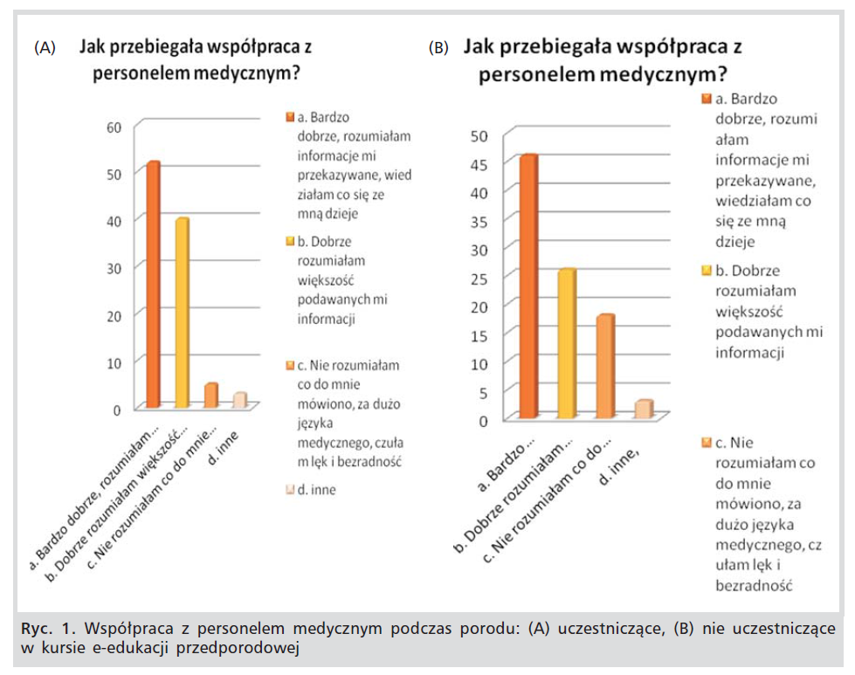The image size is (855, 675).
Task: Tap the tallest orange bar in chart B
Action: (528, 287)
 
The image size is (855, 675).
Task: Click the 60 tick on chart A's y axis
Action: (114, 127)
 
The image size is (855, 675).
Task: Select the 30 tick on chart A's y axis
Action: (114, 267)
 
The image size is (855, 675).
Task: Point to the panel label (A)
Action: (45, 48)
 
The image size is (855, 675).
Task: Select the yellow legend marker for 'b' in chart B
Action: (707, 271)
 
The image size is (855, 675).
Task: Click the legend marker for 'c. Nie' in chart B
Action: (707, 444)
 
